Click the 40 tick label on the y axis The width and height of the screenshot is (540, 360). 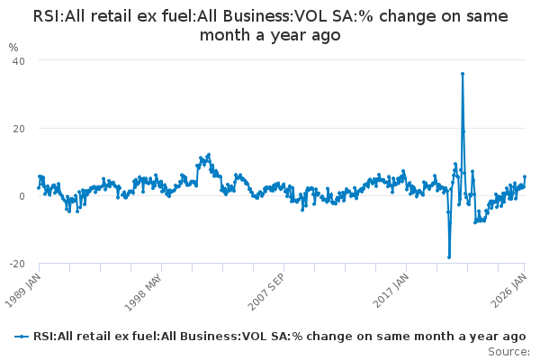coord(18,60)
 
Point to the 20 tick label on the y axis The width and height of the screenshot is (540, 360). coord(18,128)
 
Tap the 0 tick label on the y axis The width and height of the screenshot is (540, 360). coord(21,196)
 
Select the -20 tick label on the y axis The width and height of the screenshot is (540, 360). coord(16,264)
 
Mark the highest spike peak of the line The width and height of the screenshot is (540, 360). coord(463,74)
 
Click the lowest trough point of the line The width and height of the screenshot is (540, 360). coord(449,257)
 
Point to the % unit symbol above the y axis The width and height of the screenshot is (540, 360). coord(13,47)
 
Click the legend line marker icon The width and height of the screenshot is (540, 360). coord(22,336)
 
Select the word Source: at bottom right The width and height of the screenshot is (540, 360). coord(508,351)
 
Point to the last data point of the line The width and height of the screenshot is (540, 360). coord(525,177)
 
